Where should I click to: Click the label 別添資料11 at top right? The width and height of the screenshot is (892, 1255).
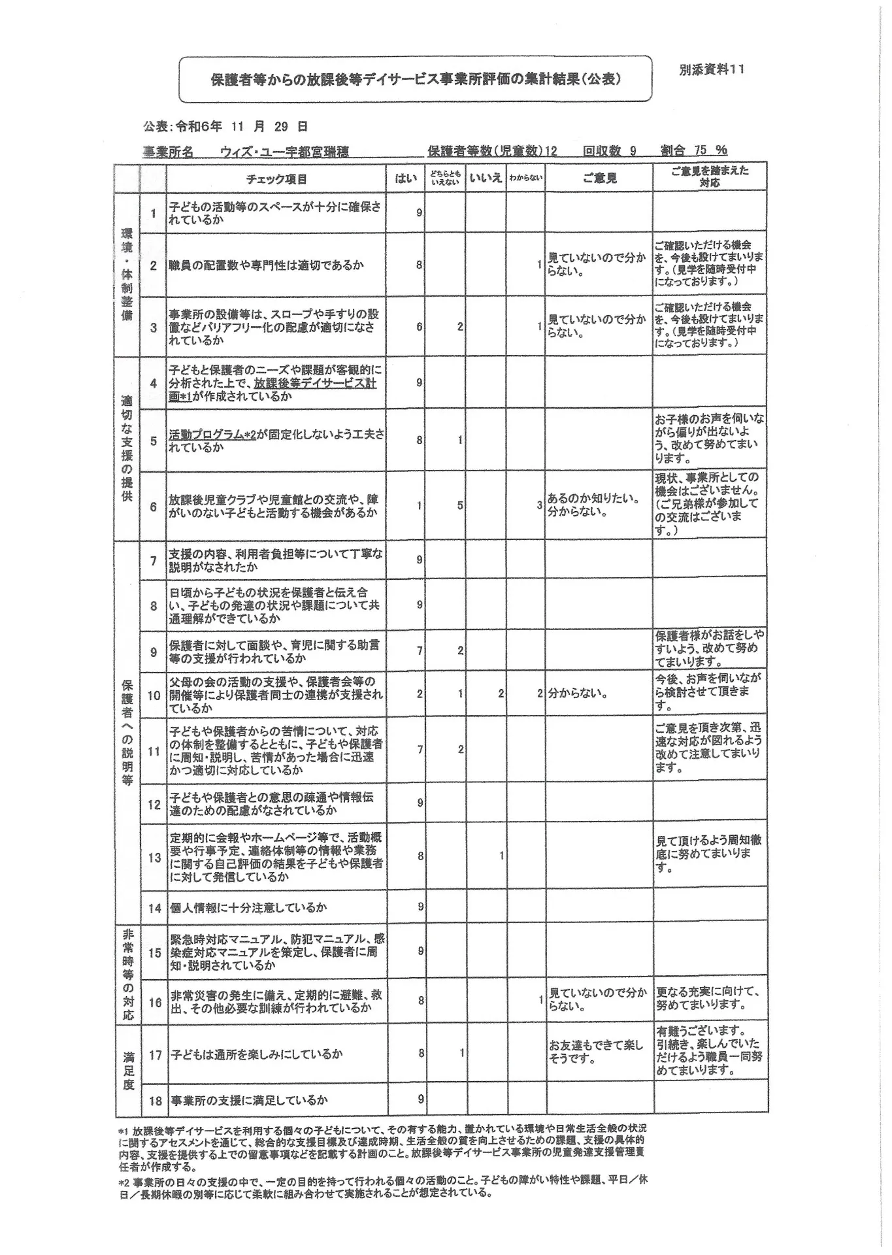click(711, 70)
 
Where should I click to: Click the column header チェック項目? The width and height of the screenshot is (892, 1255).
click(276, 178)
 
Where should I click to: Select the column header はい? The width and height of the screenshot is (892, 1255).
click(405, 178)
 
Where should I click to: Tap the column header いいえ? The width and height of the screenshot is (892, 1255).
click(486, 178)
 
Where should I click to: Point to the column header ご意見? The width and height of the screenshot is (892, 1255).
click(599, 178)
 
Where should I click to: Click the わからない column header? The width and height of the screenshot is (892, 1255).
click(526, 178)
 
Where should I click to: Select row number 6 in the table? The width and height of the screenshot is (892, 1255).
click(154, 507)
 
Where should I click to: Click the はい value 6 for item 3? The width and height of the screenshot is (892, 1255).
click(420, 327)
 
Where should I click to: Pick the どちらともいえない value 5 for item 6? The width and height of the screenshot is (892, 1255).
click(460, 505)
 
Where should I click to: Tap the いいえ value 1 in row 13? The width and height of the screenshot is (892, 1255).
click(501, 855)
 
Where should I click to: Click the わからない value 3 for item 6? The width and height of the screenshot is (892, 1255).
click(539, 505)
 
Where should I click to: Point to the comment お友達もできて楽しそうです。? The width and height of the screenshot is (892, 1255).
click(596, 1052)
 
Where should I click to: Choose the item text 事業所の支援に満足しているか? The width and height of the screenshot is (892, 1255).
click(249, 1100)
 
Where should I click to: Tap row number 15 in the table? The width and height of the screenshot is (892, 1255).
click(154, 952)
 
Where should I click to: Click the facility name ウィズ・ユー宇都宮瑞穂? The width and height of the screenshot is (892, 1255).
click(284, 152)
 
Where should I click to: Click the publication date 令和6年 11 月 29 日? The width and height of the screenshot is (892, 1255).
click(242, 126)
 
